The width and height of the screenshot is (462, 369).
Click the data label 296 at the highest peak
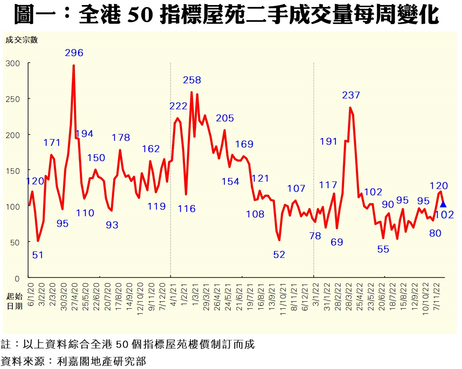tap(74, 53)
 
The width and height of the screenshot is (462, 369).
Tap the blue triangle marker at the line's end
tap(443, 204)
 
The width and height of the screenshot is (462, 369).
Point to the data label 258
tap(192, 80)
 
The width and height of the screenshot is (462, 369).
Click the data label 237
tap(351, 95)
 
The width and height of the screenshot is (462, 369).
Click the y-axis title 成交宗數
tap(21, 40)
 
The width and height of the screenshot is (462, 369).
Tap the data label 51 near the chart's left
tap(38, 255)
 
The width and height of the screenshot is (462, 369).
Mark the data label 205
tap(225, 118)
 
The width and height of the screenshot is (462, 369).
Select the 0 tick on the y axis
tap(17, 278)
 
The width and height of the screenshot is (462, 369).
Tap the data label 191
tap(329, 142)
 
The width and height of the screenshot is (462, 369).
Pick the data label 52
tap(279, 255)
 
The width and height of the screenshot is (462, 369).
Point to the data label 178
tap(121, 137)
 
